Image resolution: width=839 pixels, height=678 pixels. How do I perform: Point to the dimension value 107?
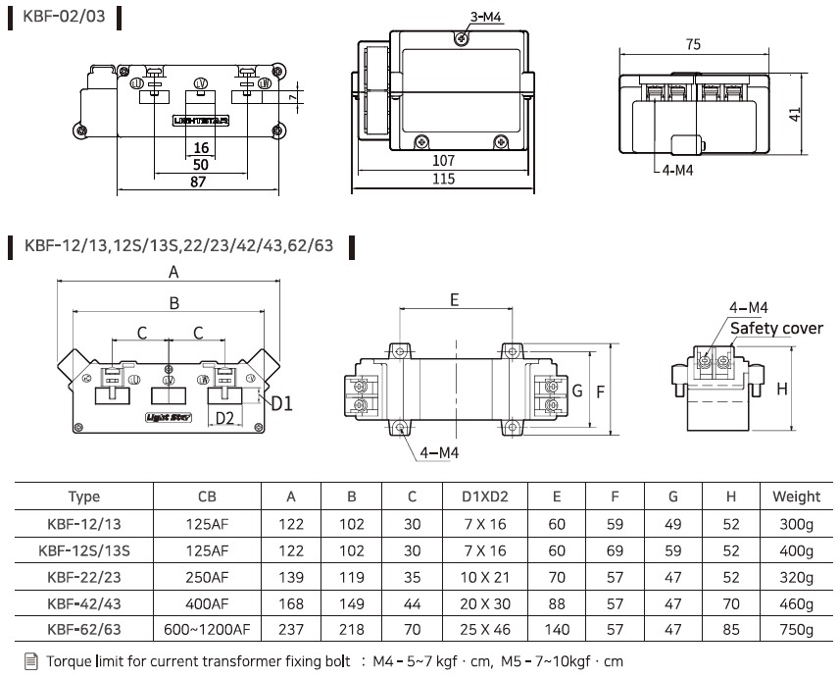coord(444,160)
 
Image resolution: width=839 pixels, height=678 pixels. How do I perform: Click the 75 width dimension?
coord(693,45)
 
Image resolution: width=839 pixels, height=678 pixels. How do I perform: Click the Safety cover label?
coord(776,328)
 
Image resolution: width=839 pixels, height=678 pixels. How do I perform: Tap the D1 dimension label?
coord(282,401)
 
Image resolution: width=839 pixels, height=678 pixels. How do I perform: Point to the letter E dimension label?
coord(455,300)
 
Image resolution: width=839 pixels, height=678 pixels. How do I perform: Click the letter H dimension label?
coord(782,389)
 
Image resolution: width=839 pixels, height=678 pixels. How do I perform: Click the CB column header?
coord(207,496)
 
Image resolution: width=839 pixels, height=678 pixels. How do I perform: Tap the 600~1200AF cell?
coord(207,629)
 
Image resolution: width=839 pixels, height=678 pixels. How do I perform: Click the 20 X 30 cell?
coord(484,603)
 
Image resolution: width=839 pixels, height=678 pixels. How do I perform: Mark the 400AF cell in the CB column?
coord(207,603)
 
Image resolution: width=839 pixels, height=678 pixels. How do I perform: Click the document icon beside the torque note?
coord(29,661)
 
